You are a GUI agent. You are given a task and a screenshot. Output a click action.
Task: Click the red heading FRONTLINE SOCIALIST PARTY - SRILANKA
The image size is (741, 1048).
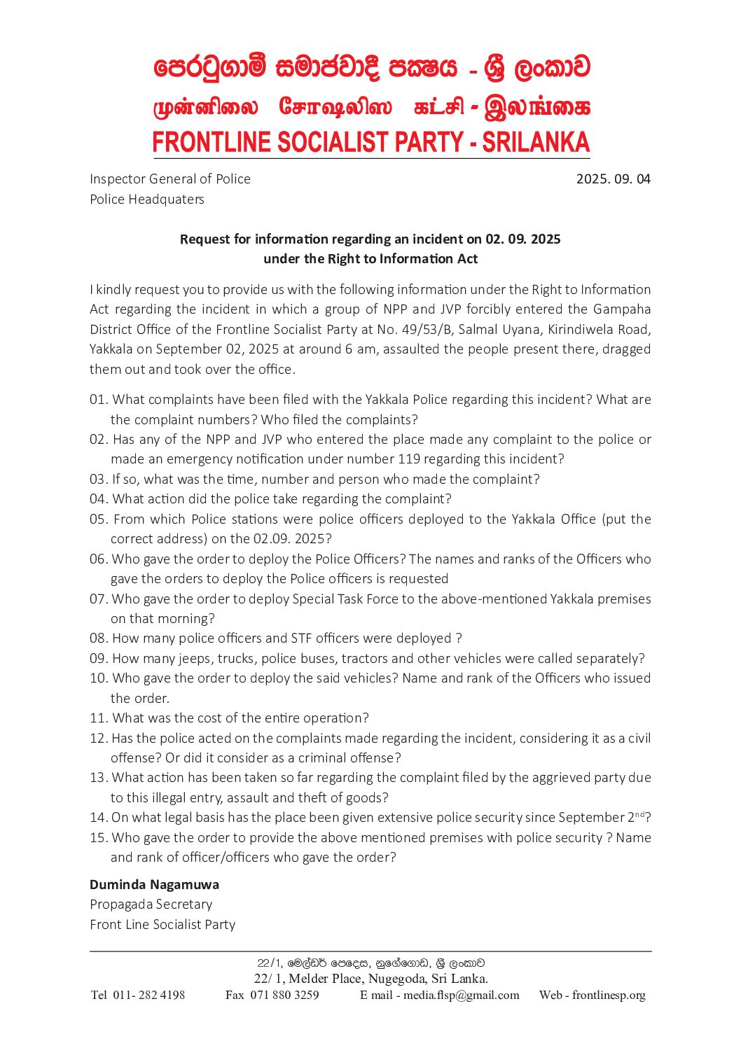[x=370, y=142]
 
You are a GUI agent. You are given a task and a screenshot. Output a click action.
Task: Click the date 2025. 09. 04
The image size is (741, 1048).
[x=613, y=179]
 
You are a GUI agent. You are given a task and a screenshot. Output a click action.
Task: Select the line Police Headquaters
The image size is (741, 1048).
[x=147, y=200]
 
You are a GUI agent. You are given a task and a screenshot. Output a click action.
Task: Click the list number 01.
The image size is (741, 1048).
[x=99, y=400]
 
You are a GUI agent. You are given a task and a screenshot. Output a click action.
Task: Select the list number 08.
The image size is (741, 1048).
[x=99, y=638]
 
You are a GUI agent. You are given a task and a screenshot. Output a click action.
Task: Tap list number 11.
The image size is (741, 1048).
[x=99, y=718]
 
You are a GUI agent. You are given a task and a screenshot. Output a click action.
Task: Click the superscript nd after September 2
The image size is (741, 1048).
[x=639, y=814]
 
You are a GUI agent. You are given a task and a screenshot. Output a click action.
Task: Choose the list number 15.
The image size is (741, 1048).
[x=99, y=838]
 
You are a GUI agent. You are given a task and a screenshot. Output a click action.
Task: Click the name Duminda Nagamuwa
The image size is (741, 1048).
[x=154, y=885]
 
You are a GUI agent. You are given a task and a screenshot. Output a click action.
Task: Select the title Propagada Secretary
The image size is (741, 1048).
[x=151, y=904]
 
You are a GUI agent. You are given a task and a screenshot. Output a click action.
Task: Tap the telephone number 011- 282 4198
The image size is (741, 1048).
[x=148, y=995]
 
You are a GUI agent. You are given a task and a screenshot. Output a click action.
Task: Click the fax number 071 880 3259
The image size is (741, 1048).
[x=284, y=995]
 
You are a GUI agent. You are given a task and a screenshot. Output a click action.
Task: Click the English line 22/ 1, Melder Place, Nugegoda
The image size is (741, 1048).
[x=370, y=979]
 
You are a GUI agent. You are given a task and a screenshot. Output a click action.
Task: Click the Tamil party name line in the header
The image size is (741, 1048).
[x=370, y=107]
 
